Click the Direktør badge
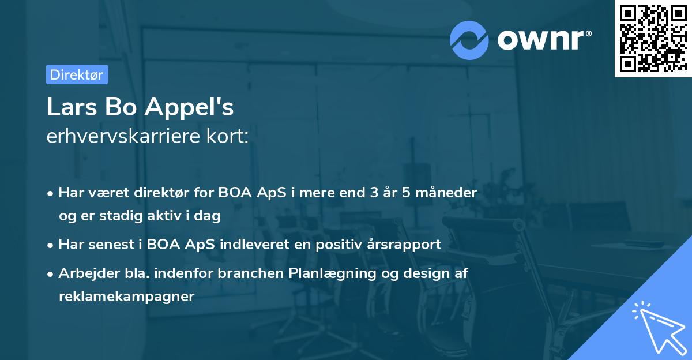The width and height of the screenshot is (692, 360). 77,74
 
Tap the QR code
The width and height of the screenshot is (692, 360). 652,39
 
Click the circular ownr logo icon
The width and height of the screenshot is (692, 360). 470,40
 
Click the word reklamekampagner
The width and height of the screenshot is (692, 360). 126,297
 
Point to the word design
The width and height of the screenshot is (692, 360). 424,273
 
